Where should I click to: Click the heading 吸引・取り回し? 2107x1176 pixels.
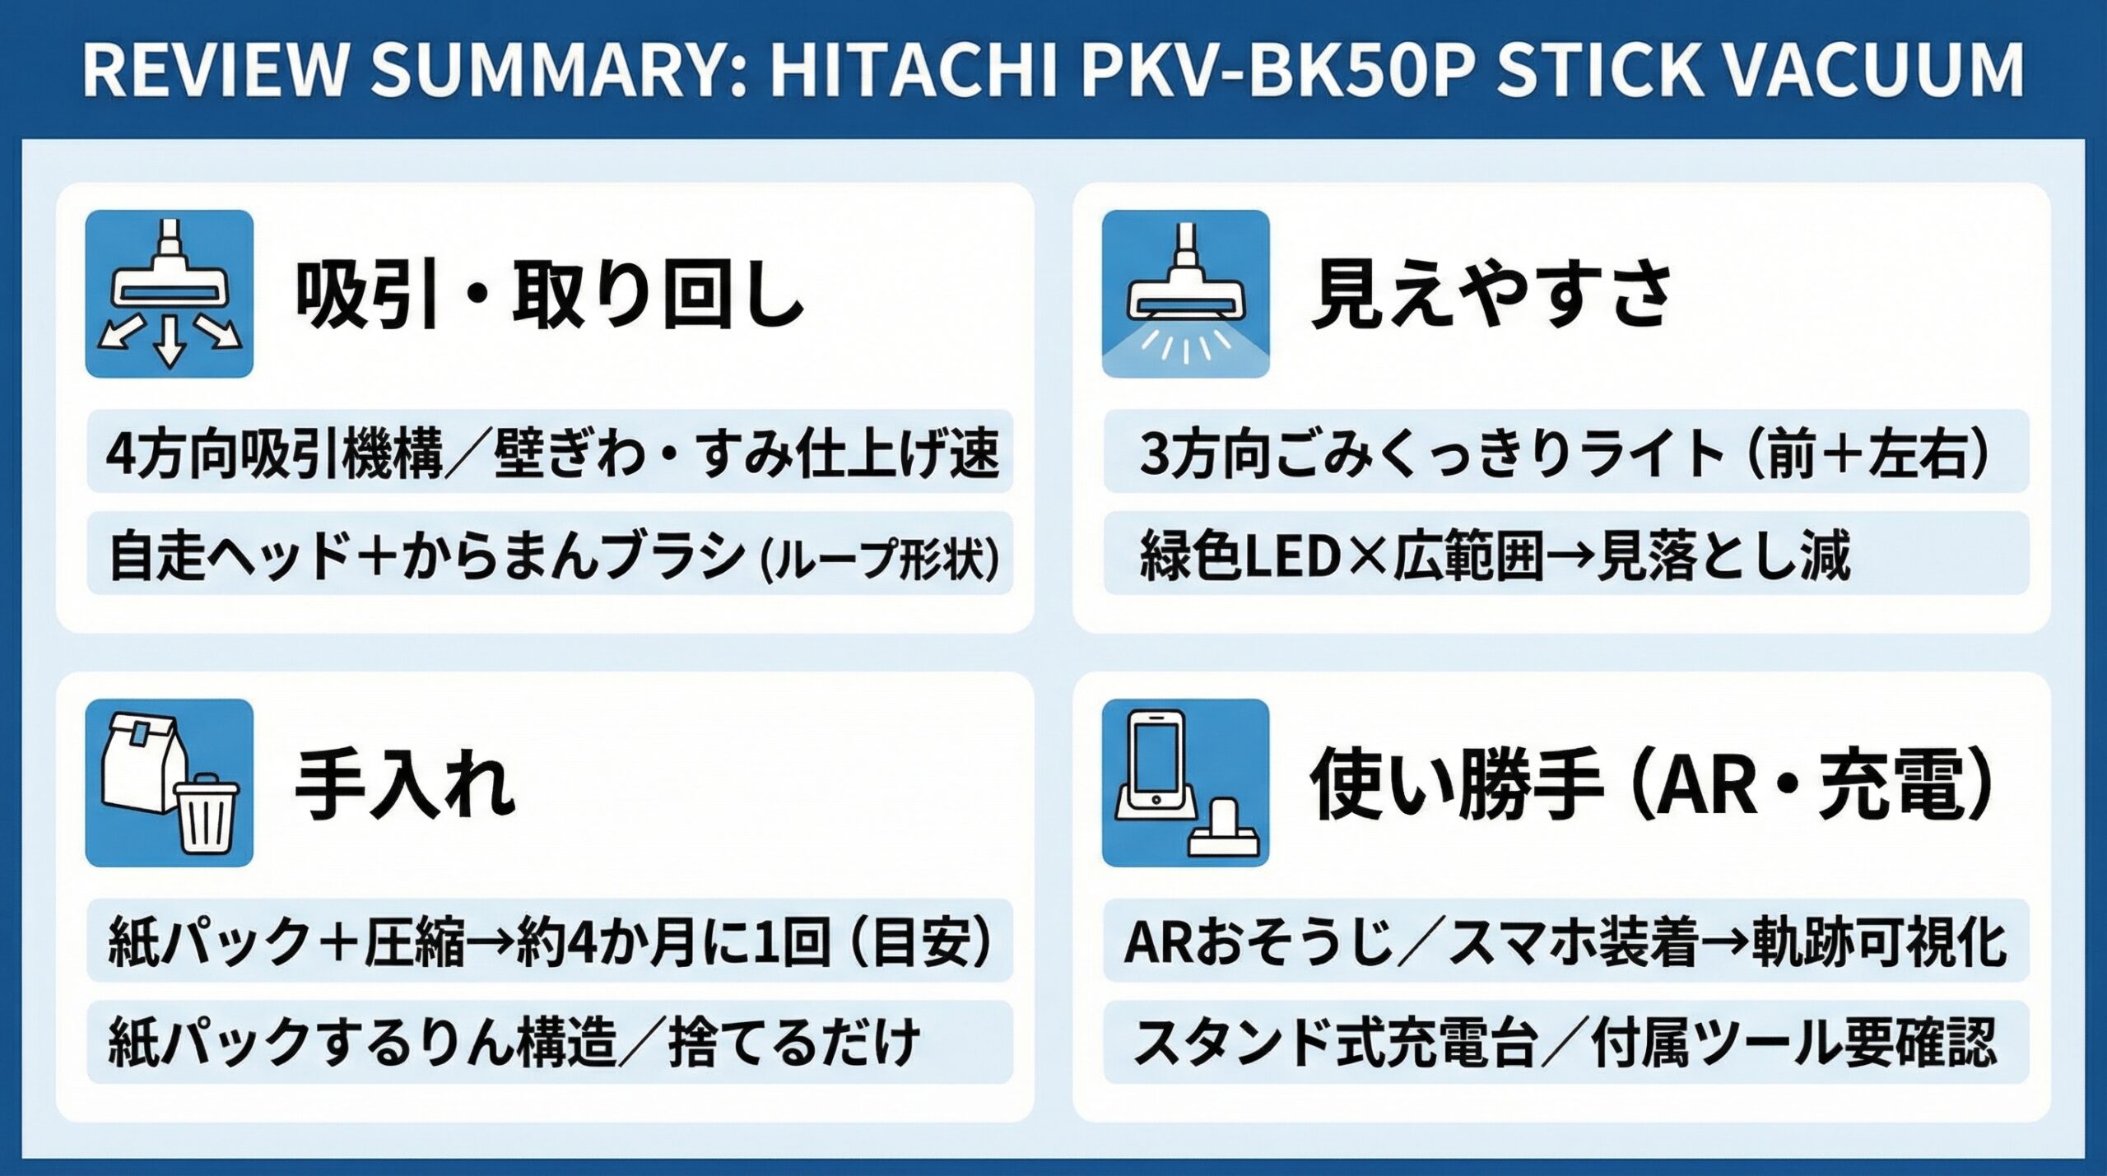[x=550, y=294]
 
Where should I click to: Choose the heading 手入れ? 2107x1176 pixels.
[x=405, y=783]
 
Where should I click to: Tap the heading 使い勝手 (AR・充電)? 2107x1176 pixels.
[x=1650, y=783]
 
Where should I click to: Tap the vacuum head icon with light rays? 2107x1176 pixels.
[x=1185, y=294]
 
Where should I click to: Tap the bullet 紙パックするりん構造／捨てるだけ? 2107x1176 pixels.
[x=514, y=1043]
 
